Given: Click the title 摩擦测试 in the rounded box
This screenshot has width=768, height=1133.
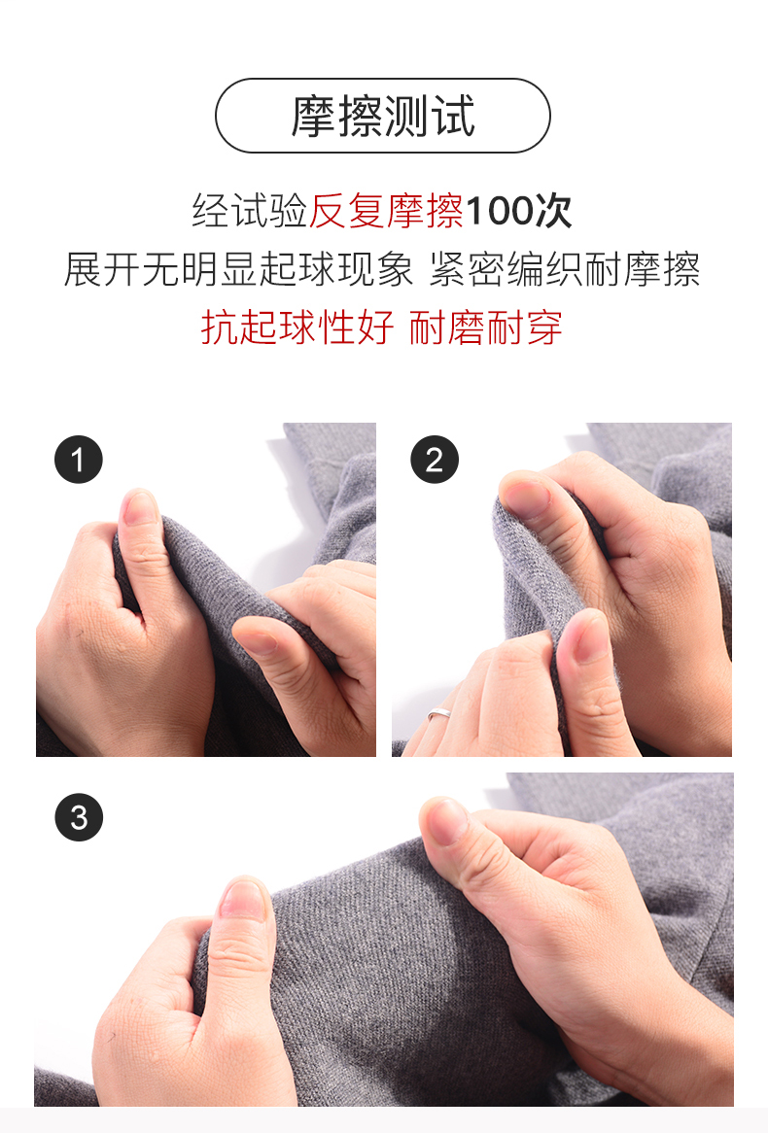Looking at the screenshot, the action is [x=383, y=116].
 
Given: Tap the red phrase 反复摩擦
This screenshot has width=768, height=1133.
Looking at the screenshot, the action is [x=386, y=211].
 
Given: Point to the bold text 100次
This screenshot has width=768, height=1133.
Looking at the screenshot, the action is [x=518, y=211].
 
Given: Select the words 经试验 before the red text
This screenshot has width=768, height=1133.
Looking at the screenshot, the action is [x=250, y=211].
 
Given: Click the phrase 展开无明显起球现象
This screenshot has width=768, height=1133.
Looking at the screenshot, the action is [x=238, y=269].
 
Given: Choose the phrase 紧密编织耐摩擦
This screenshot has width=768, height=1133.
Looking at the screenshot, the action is [x=565, y=269].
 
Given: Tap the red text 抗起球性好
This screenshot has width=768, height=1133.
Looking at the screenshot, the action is [x=297, y=327].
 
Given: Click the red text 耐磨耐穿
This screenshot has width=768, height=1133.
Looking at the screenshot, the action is [x=485, y=327].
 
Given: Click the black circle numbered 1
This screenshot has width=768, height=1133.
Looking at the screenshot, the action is [x=79, y=460].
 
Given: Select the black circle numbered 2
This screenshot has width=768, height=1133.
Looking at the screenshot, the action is [x=435, y=460].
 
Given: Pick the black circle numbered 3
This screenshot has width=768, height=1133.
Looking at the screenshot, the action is [x=79, y=817].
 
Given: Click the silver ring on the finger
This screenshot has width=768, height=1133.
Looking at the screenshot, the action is [x=439, y=714].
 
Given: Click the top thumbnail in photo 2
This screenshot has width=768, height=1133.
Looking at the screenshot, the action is [x=525, y=498].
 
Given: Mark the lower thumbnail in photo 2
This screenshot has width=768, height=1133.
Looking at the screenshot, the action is [x=591, y=635].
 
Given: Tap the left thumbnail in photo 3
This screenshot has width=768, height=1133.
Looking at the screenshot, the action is [x=244, y=899].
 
